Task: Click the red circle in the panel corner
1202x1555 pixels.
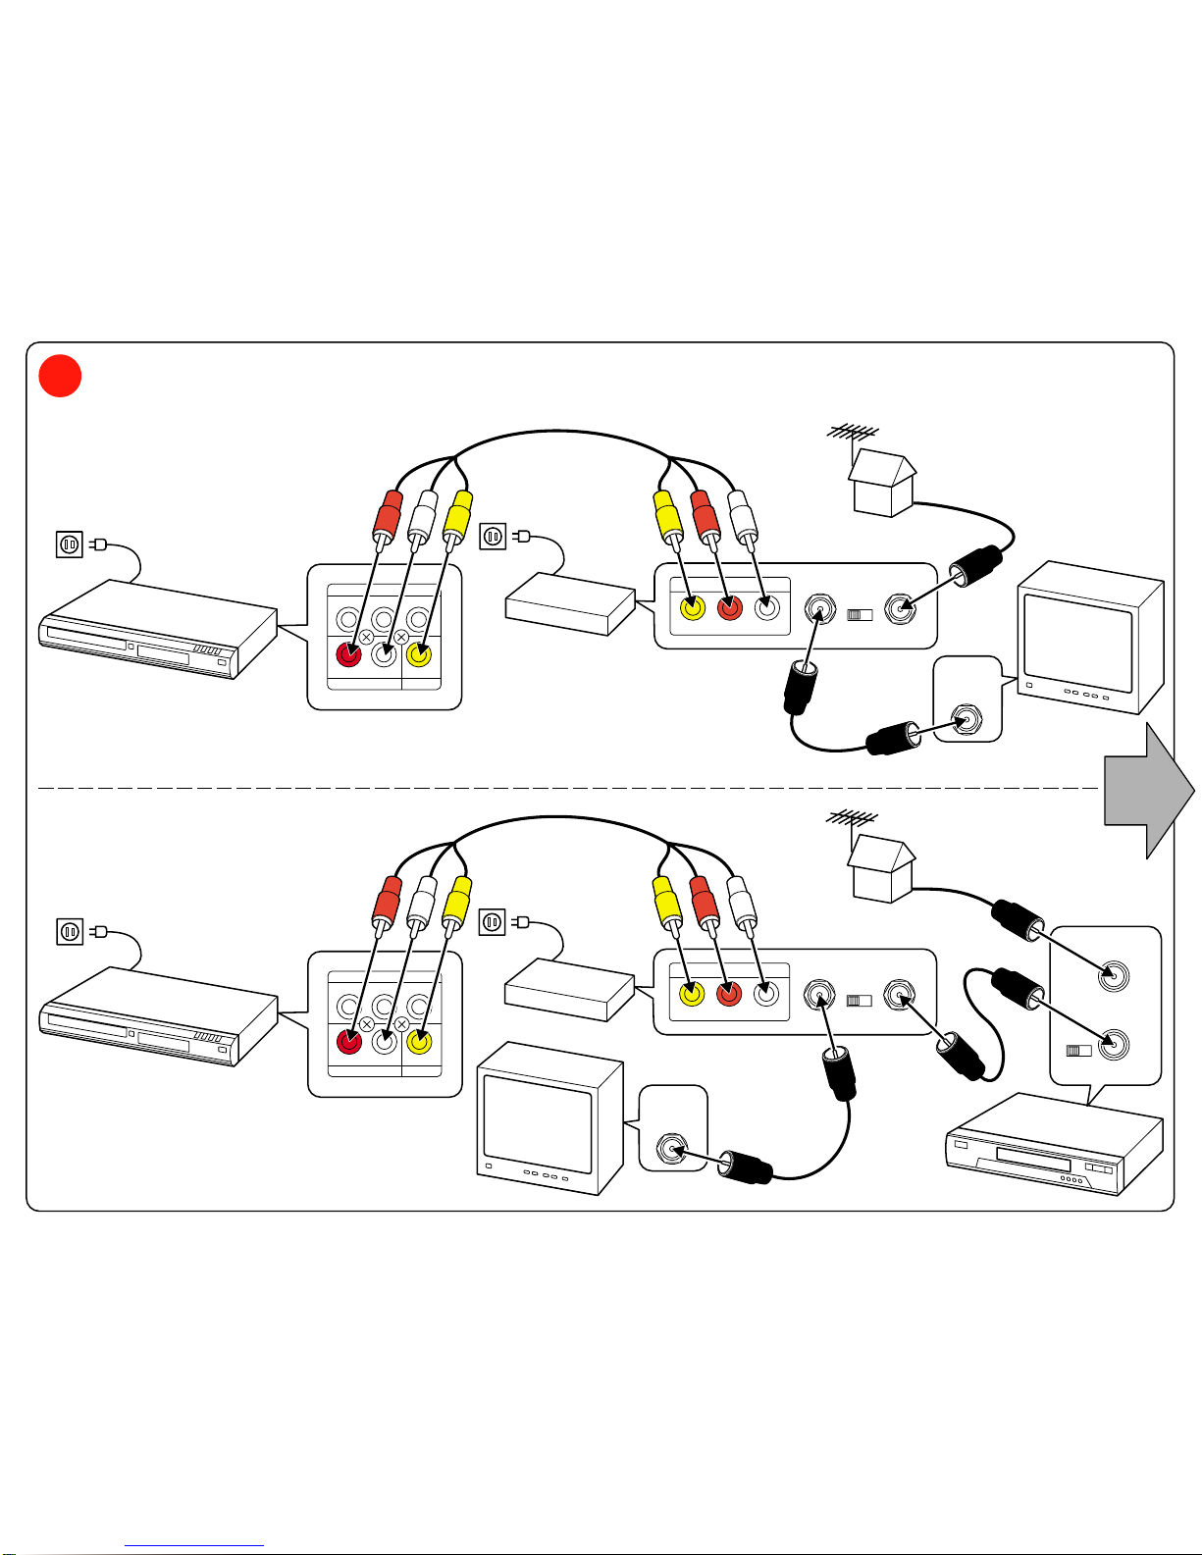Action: click(60, 376)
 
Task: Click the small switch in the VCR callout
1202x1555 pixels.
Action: click(1078, 1051)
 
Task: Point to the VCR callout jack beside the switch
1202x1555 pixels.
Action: click(1113, 1046)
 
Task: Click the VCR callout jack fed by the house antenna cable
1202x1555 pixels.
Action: click(1113, 976)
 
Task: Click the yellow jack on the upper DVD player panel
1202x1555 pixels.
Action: click(419, 654)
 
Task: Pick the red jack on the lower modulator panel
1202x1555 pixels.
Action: click(728, 995)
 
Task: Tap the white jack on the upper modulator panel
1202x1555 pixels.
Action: click(767, 608)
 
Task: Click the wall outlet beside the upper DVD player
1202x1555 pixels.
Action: click(70, 544)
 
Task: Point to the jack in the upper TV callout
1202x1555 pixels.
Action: click(968, 720)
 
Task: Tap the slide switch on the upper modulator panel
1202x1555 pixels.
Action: click(860, 615)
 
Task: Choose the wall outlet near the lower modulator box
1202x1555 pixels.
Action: click(493, 922)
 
